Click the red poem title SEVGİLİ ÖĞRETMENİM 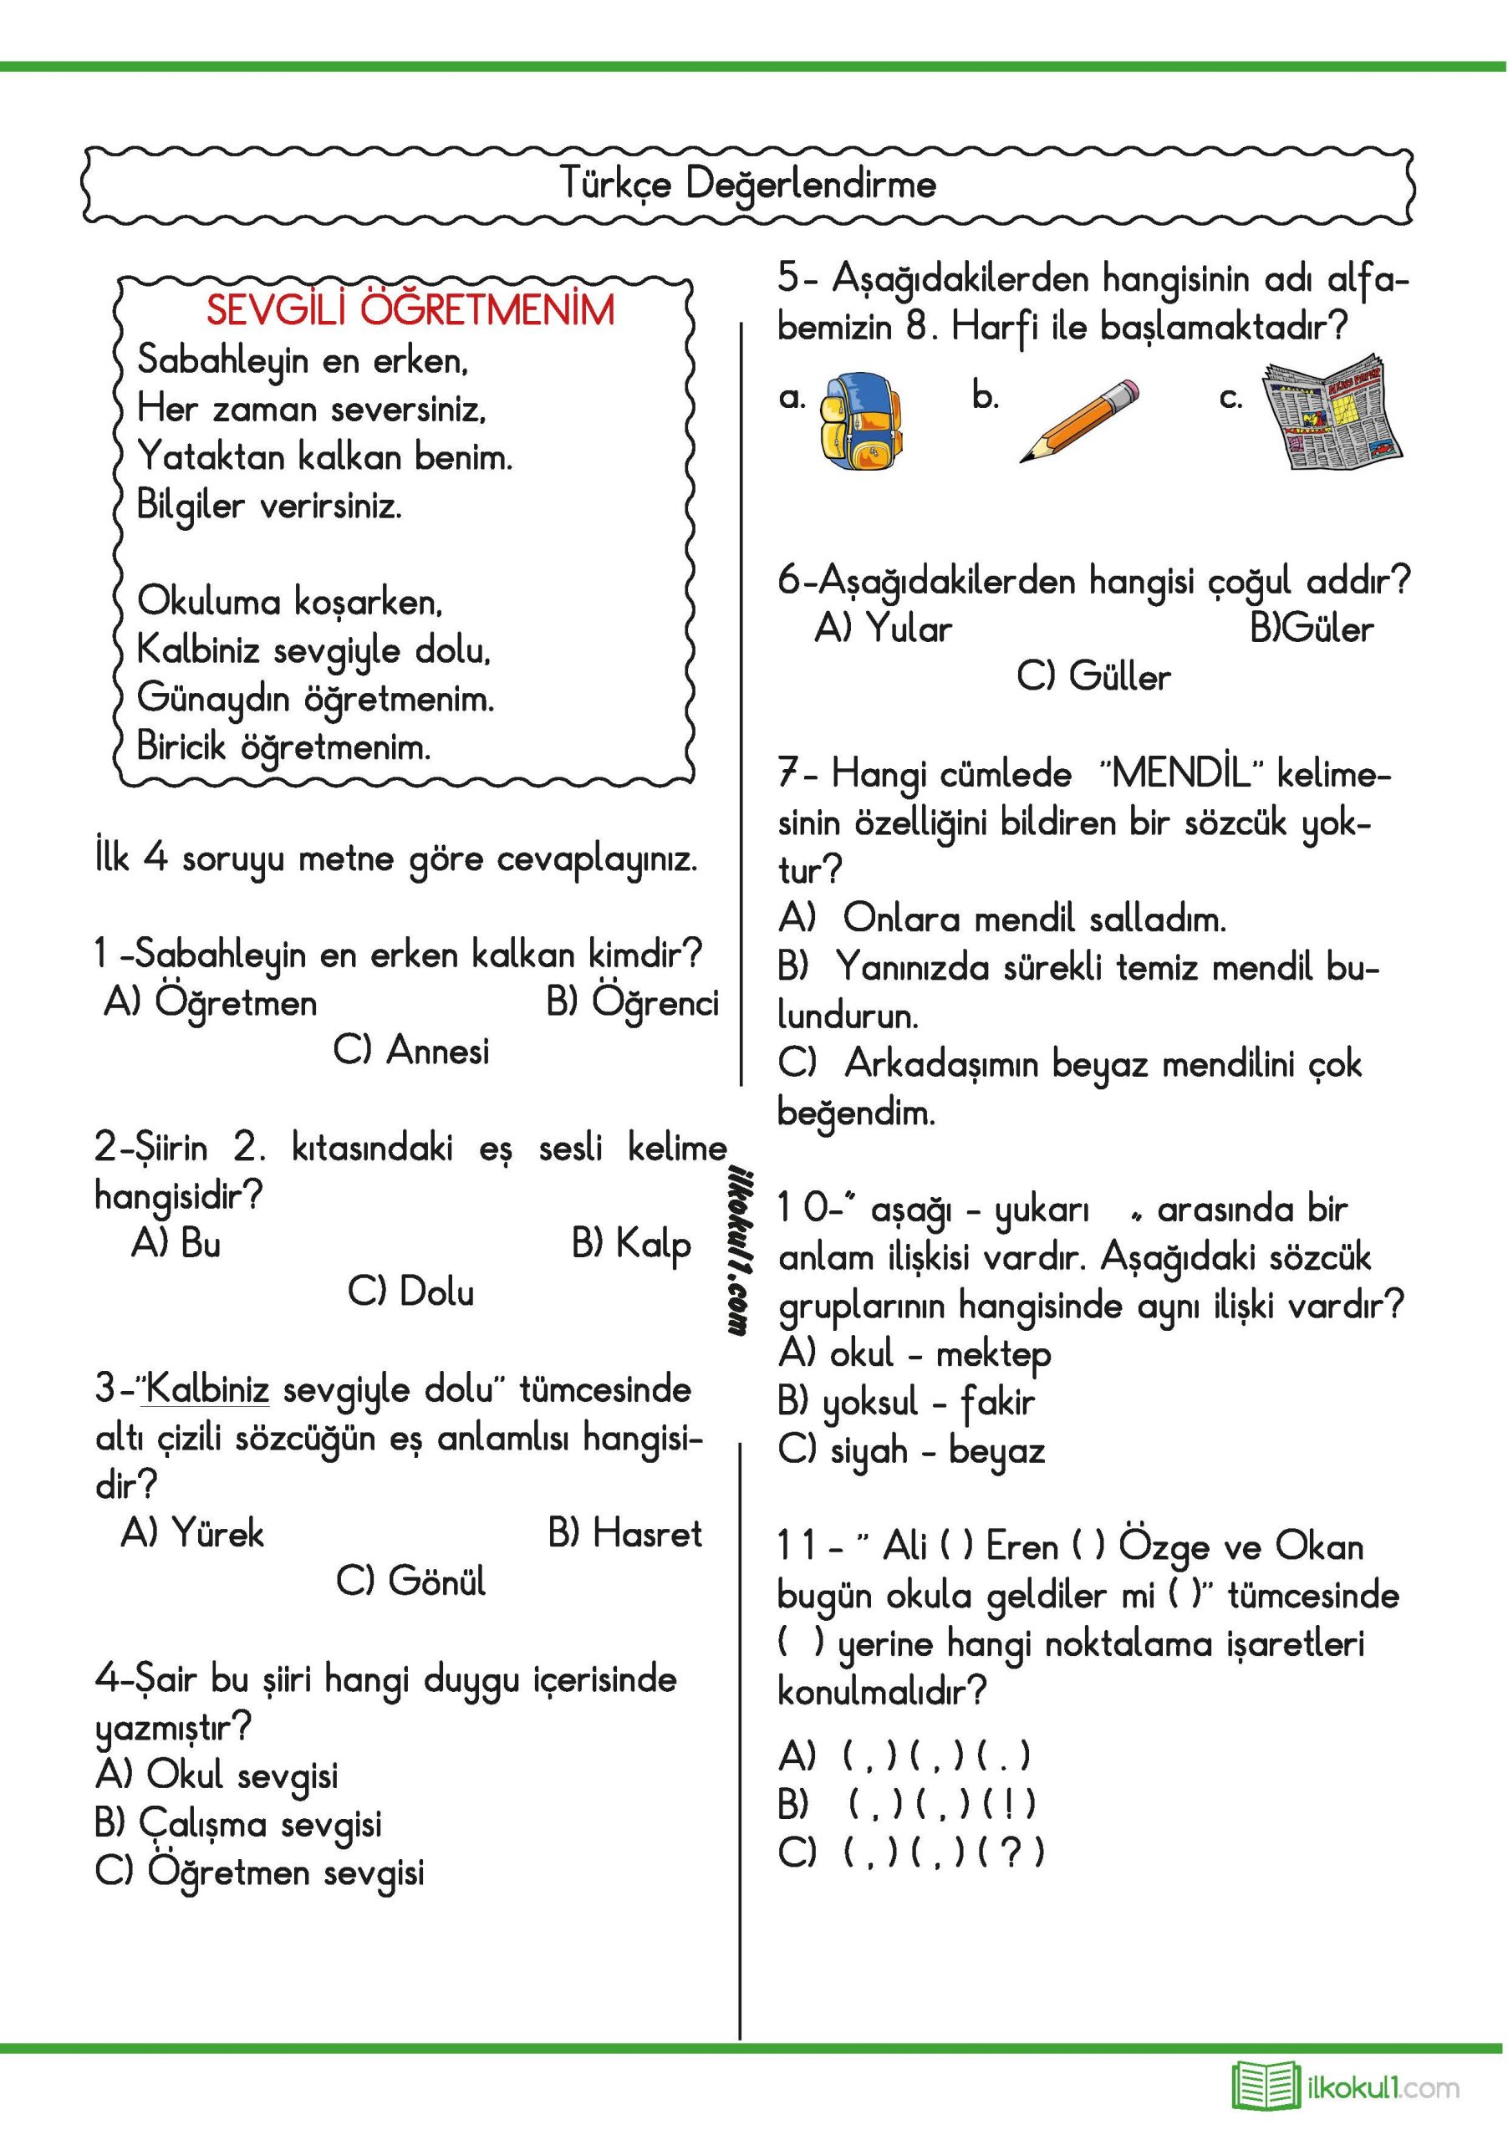coord(410,309)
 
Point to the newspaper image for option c coord(1334,412)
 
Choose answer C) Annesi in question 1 coord(411,1051)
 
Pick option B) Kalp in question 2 coord(631,1243)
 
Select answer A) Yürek coord(193,1533)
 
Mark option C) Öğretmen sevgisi coord(260,1872)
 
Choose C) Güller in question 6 coord(1093,676)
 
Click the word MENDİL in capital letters coord(1183,773)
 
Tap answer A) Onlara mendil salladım coord(1002,919)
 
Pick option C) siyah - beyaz coord(911,1450)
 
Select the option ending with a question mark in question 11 coord(911,1851)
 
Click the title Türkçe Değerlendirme coord(748,184)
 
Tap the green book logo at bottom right coord(1266,2084)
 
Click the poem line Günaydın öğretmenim coord(316,698)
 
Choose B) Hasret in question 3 coord(624,1533)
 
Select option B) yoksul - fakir coord(906,1402)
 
